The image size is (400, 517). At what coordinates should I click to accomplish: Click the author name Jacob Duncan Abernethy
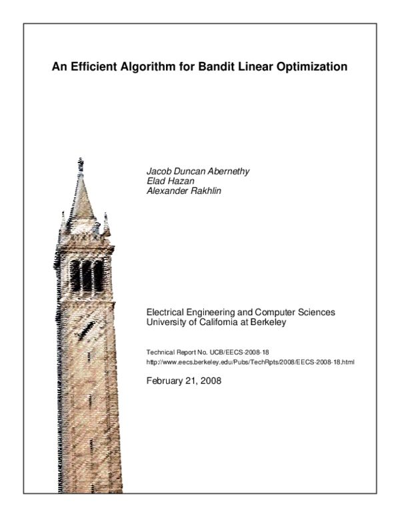(x=197, y=171)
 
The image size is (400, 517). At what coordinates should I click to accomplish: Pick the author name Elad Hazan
(x=168, y=180)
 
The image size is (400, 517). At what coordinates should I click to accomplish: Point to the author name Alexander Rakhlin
(x=183, y=189)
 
